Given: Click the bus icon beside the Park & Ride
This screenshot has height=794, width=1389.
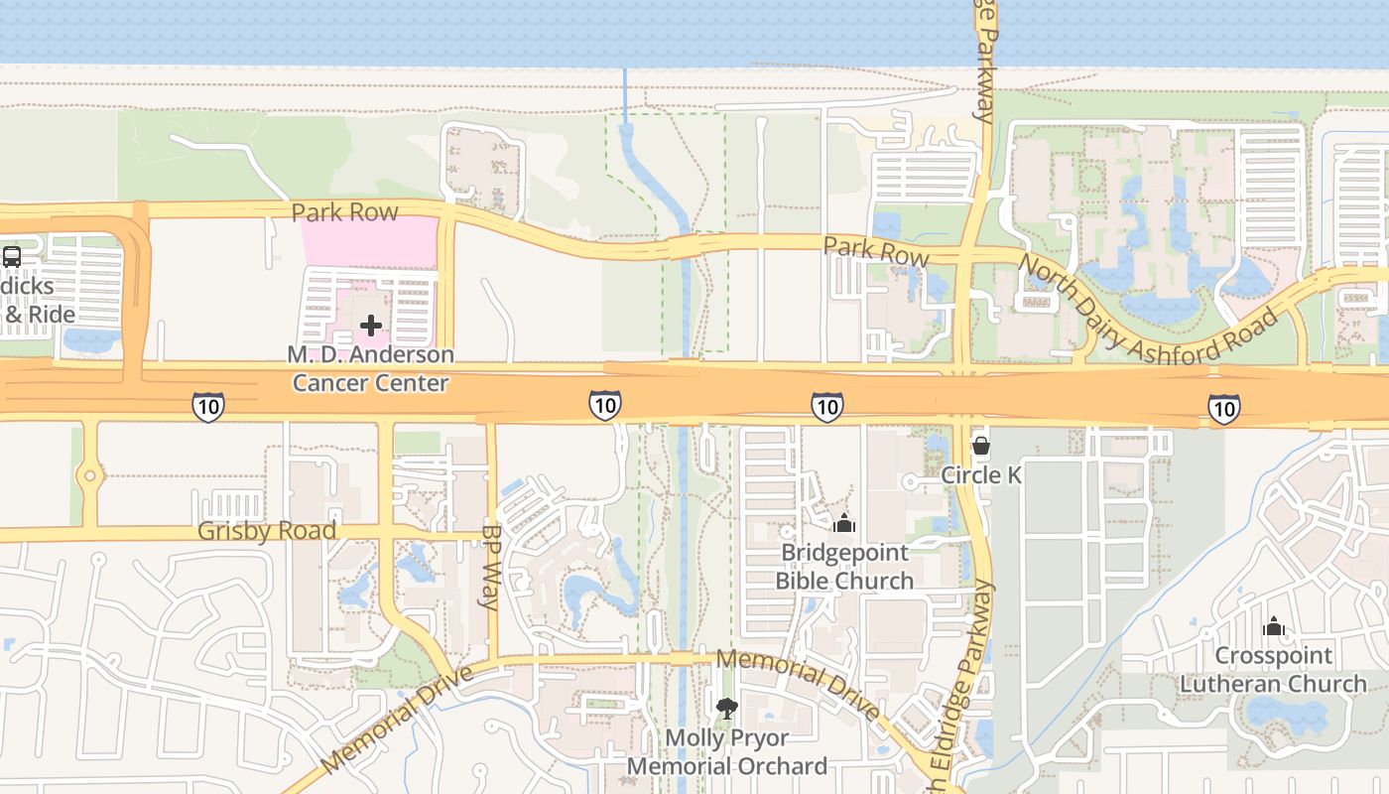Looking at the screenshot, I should pos(12,256).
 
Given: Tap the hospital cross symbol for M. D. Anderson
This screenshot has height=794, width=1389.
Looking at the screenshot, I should pos(371,326).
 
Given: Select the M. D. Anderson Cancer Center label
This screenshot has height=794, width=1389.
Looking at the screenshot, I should pos(371,368).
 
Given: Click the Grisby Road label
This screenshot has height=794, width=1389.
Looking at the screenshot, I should pos(267,530).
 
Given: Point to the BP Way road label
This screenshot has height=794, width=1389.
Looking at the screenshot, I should pos(492,567).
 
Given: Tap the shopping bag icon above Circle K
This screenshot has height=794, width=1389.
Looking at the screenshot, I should pos(981,447).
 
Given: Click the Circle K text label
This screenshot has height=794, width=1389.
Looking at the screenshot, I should pos(981,475).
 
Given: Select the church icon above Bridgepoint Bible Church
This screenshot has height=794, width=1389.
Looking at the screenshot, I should pos(844,523).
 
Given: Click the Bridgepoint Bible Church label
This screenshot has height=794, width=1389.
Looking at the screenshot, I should pos(844,567).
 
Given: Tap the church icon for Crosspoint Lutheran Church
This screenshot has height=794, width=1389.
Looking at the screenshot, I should pos(1274,626).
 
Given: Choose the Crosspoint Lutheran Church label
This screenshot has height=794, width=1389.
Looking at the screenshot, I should pos(1274,670).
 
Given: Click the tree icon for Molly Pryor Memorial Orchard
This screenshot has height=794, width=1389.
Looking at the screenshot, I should pos(727,708).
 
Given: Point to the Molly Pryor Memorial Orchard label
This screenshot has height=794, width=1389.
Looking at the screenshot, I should pos(727,752).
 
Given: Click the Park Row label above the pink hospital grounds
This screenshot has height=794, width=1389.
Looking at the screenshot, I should pos(344,212).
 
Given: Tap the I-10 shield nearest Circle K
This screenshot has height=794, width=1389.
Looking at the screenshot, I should pos(827,406).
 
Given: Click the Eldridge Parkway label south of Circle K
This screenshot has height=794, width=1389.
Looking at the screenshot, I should pos(975,675).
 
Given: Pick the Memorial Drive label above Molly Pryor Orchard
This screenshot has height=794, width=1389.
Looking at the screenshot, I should pos(797,683).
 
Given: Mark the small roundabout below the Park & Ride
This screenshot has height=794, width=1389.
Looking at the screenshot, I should pos(90,476).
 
